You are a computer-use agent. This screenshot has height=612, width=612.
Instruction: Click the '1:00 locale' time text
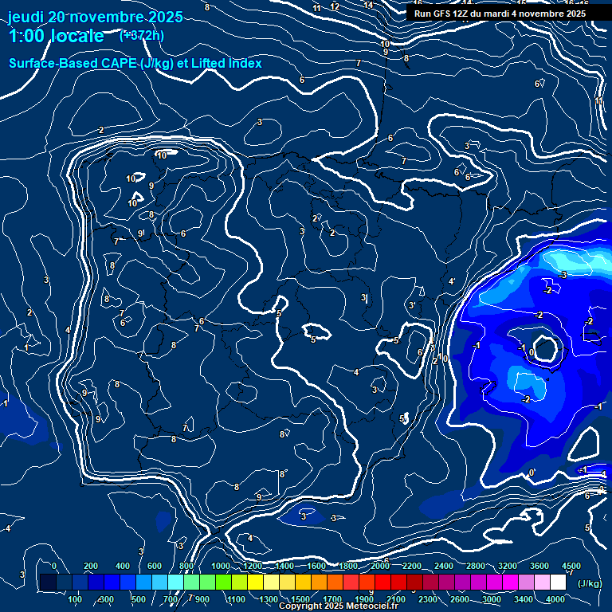57,36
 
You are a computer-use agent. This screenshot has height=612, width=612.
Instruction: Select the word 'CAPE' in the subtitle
117,63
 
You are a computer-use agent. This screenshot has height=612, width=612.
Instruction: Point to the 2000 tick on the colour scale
380,566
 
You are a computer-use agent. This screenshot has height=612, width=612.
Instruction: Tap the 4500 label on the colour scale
571,566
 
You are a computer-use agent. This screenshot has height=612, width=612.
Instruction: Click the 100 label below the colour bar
76,599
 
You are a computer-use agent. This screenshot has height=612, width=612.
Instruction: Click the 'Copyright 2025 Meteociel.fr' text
339,606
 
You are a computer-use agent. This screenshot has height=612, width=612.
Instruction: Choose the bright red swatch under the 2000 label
380,583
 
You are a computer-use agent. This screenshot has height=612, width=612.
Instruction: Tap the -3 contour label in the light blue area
563,275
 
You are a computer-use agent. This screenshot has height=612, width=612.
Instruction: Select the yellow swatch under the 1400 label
284,583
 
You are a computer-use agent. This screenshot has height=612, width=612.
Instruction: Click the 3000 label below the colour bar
492,599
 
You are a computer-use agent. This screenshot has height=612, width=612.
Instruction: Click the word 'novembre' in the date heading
103,17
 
